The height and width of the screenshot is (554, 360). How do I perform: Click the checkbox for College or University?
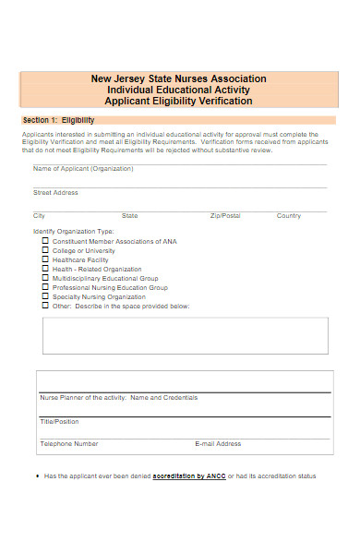(46, 250)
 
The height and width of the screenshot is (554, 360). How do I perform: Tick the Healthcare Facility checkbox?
(46, 259)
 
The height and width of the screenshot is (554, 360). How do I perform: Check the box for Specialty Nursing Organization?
(46, 297)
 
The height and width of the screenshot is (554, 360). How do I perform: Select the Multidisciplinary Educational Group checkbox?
(46, 278)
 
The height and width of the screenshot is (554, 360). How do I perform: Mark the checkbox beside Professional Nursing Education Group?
(46, 287)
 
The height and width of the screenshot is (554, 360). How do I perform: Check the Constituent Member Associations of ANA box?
(46, 241)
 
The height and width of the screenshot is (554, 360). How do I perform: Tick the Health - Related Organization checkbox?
(46, 269)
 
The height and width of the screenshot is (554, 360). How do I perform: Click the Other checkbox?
(46, 307)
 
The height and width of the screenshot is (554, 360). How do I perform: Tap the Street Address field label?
(55, 193)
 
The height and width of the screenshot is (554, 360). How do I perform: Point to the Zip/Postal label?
(225, 215)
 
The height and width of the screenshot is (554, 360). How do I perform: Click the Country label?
(289, 215)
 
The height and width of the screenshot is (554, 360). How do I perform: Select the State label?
(130, 215)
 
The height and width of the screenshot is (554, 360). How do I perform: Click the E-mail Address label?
(218, 443)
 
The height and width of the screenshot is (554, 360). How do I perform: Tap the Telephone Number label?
(68, 443)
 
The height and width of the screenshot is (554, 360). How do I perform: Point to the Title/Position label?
(59, 420)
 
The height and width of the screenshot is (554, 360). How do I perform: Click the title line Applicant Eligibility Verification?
(179, 101)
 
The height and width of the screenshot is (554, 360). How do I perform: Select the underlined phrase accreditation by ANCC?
(192, 476)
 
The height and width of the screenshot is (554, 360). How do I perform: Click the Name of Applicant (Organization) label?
(83, 169)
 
